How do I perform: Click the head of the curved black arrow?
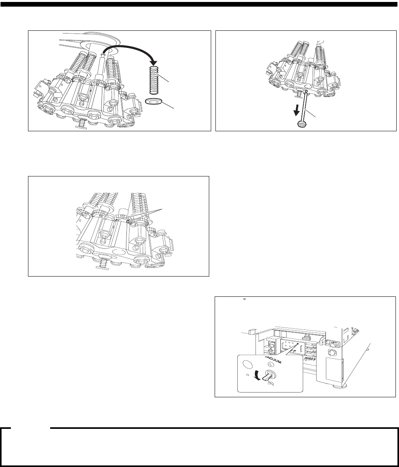(x=154, y=62)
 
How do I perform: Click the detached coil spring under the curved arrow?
(x=154, y=80)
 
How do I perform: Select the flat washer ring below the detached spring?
(x=153, y=102)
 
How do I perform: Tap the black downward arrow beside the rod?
(x=296, y=111)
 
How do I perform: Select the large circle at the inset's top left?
(x=247, y=364)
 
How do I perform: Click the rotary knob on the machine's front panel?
(x=331, y=354)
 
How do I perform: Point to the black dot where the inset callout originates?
(x=297, y=343)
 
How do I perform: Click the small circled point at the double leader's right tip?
(x=128, y=222)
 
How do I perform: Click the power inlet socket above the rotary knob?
(x=332, y=344)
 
